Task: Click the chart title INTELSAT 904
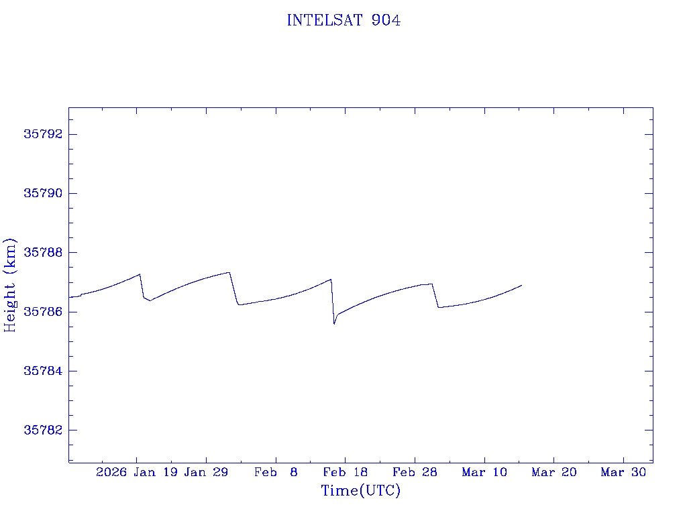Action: tap(343, 21)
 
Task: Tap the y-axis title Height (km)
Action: tap(10, 284)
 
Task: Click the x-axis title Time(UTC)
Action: tap(360, 491)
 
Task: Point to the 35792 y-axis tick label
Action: tap(42, 134)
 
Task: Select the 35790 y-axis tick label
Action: tap(42, 193)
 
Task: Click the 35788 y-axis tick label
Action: tap(42, 253)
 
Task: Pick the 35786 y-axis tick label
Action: tap(42, 312)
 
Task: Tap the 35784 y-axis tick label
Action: tap(42, 371)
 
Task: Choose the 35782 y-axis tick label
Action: tap(42, 430)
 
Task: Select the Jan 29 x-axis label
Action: tap(206, 473)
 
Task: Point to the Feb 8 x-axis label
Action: tap(276, 473)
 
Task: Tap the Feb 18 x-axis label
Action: tap(345, 473)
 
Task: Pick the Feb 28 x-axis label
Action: tap(415, 473)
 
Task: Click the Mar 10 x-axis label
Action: tap(484, 473)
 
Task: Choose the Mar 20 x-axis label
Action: tap(553, 473)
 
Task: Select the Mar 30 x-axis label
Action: tap(623, 473)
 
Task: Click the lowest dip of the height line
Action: tap(334, 324)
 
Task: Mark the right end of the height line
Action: tap(521, 285)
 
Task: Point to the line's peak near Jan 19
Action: tap(140, 274)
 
